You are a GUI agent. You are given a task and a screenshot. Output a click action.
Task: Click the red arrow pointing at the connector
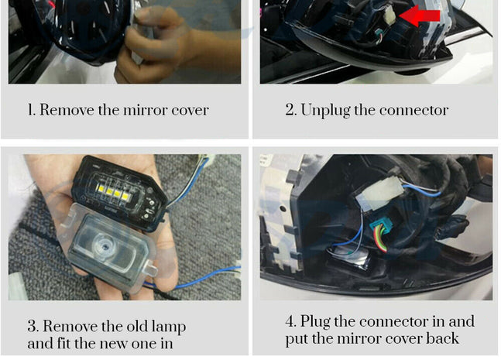(x=420, y=15)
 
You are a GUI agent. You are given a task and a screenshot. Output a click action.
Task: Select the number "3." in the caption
(x=33, y=326)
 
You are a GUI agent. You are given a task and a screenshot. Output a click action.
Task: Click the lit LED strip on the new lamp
(x=112, y=192)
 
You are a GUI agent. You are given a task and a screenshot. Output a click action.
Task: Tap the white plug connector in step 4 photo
(x=379, y=194)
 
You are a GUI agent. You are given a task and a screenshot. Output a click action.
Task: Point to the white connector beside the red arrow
(x=390, y=15)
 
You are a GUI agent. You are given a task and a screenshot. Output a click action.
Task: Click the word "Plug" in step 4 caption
(x=315, y=321)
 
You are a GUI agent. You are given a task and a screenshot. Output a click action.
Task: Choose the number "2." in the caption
(x=290, y=110)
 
